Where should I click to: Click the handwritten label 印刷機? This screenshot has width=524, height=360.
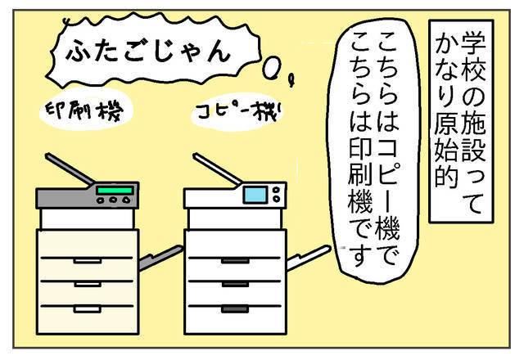(x=84, y=110)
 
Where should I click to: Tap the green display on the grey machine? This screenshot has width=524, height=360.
(x=115, y=191)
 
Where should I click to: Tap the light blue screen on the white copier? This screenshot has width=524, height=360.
(x=255, y=195)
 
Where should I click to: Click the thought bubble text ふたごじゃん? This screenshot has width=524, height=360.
(x=149, y=51)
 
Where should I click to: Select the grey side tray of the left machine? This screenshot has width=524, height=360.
(x=160, y=258)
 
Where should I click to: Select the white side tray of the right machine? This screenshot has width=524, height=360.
(x=308, y=257)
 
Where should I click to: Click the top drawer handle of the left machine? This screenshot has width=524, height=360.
(x=88, y=261)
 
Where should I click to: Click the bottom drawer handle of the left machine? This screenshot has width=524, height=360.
(x=88, y=309)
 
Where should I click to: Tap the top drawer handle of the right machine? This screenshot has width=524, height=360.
(x=235, y=261)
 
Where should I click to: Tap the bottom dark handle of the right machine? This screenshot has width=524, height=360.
(x=235, y=309)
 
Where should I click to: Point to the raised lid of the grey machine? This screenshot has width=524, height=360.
(x=70, y=169)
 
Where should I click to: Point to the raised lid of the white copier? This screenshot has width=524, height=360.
(x=217, y=169)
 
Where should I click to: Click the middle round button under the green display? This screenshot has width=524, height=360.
(x=113, y=200)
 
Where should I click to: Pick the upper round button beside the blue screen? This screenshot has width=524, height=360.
(x=276, y=190)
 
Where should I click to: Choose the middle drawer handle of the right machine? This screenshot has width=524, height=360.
(x=235, y=285)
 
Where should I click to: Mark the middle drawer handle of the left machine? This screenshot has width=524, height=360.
(x=88, y=285)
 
